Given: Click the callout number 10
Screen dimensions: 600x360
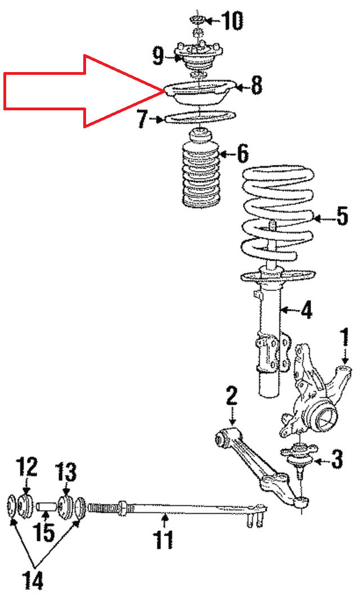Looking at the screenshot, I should [231, 21].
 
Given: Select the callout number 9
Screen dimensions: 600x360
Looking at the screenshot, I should [158, 56].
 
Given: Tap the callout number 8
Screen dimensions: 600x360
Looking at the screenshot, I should [256, 86].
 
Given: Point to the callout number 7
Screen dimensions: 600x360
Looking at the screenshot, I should [142, 119].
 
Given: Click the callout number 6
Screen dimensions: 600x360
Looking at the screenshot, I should [241, 153].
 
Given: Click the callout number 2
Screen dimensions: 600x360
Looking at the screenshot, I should [231, 396].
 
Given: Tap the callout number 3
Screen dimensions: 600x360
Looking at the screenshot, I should [336, 460].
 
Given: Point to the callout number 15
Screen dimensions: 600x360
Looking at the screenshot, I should [46, 532].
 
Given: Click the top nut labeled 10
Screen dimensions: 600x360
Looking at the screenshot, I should [198, 21].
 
